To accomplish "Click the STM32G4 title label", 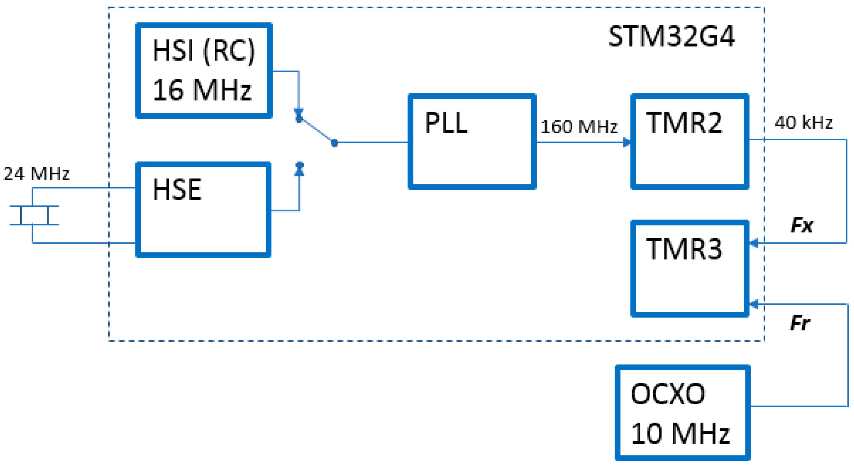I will pos(671,37).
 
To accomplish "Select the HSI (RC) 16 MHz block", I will pos(204,71).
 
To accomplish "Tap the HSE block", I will pos(203,209).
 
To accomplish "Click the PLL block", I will pos(472,142).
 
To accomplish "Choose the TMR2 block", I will pos(690,142).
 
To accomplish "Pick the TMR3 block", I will pos(690,269).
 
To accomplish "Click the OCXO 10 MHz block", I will pos(682,413).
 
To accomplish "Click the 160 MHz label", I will pos(579,127).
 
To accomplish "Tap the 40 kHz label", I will pos(803,123).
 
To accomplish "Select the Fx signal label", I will pos(802,225).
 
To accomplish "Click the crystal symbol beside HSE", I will pos(34,215).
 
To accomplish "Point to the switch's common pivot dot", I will pos(335,143).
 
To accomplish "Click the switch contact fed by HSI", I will pos(299,118).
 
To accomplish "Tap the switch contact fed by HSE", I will pos(299,165).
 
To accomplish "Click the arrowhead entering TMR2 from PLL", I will pos(626,142).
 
